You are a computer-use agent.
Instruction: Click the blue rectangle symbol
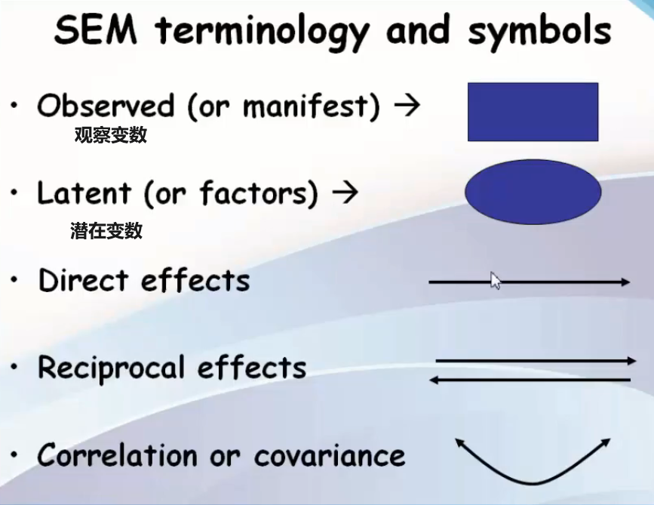533,112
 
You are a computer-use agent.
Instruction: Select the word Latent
83,194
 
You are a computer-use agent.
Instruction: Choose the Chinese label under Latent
106,231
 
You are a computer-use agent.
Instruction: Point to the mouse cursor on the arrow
496,281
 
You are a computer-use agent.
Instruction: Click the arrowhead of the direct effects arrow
625,282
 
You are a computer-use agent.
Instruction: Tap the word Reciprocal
111,368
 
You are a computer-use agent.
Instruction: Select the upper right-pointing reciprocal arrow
536,362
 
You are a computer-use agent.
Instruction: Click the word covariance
329,456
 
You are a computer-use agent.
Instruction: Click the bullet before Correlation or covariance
14,456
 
